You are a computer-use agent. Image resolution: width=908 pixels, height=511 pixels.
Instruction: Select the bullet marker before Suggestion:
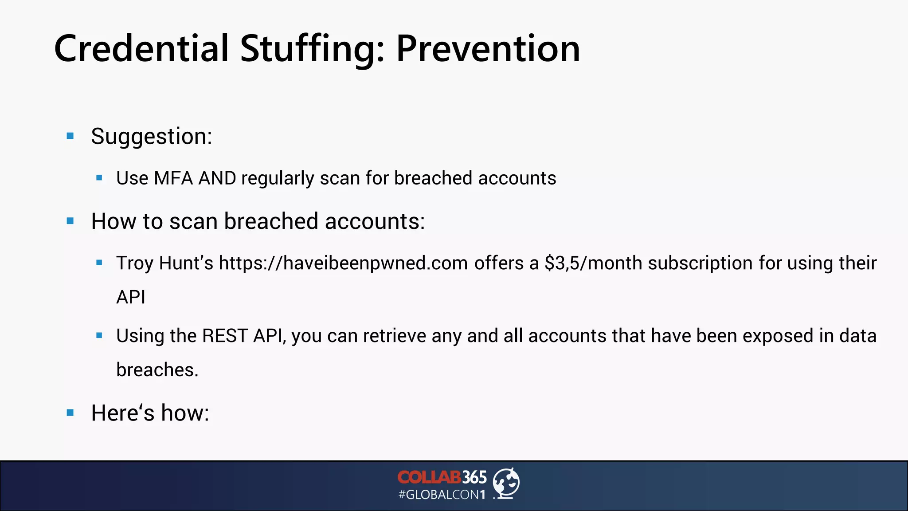70,136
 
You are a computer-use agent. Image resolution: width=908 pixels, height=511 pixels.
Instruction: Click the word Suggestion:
151,137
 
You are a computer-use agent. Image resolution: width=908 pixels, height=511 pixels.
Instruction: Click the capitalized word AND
217,178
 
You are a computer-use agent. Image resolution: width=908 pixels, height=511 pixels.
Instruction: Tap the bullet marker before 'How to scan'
70,221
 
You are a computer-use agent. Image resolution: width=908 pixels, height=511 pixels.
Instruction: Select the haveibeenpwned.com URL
343,263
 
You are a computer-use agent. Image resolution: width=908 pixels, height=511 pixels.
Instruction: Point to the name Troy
135,263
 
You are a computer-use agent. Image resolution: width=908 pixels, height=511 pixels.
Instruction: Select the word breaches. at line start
157,370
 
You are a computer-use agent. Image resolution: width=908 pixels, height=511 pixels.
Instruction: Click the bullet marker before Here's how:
70,413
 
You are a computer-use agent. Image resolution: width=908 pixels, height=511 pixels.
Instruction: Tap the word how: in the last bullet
184,413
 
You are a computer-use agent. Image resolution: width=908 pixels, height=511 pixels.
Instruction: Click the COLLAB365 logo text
442,477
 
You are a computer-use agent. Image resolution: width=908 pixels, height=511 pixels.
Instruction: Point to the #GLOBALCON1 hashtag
442,495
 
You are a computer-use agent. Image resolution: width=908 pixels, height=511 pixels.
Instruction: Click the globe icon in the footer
506,483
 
